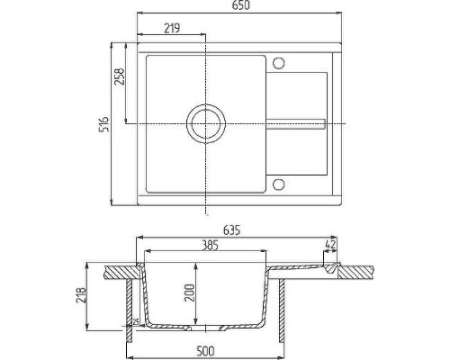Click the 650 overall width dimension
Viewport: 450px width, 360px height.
point(238,7)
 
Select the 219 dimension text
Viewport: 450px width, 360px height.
point(169,28)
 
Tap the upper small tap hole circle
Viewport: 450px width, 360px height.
point(278,63)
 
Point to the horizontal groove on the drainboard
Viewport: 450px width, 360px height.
point(295,122)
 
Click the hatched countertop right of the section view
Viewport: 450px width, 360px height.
point(360,269)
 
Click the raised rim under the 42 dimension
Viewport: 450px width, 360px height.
point(329,267)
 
